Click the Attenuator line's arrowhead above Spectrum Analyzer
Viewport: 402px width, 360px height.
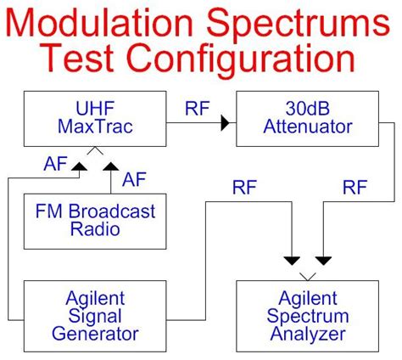pyautogui.click(x=323, y=260)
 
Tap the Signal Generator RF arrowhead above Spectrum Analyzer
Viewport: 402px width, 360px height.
pyautogui.click(x=292, y=260)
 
